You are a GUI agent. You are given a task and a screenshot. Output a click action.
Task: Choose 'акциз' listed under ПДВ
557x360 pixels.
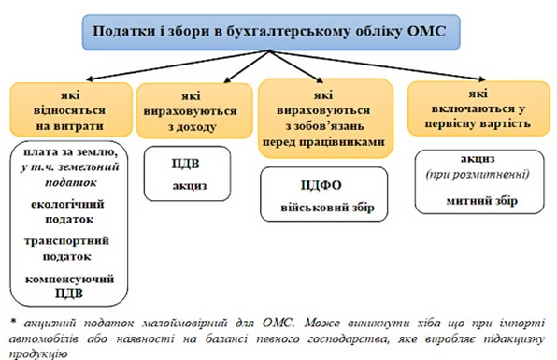point(188,185)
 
